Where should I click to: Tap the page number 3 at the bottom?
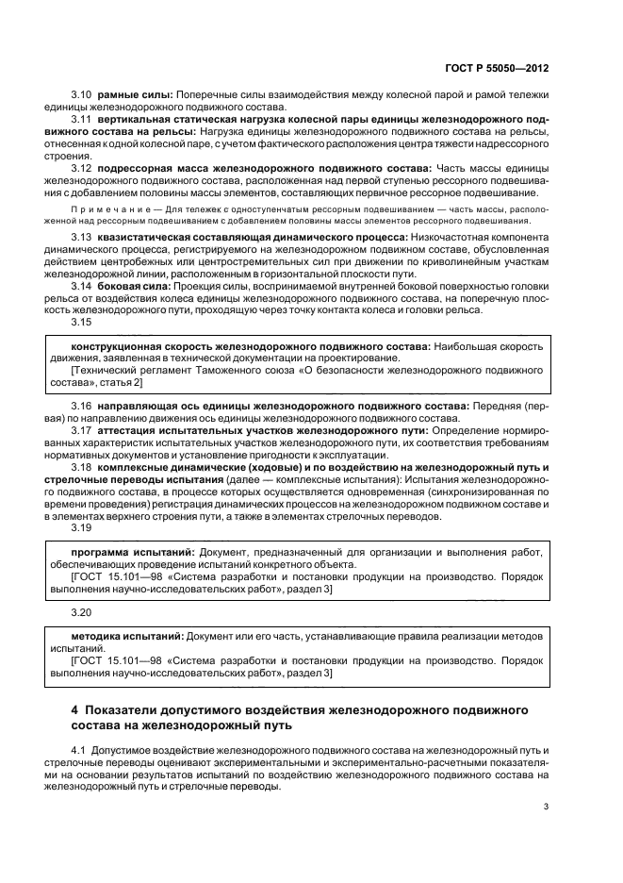click(x=546, y=807)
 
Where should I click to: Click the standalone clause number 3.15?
click(x=81, y=323)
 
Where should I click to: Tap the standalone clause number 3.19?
click(x=81, y=528)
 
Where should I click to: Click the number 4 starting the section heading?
click(x=75, y=708)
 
